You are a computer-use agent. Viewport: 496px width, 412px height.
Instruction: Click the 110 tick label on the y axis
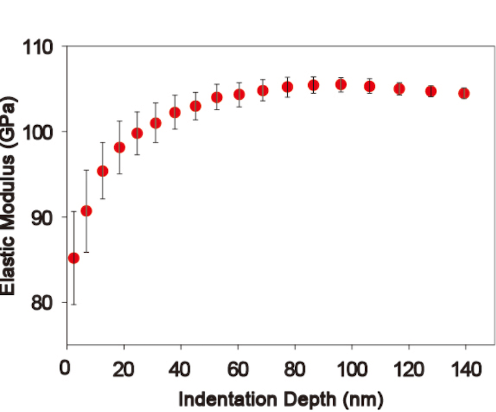point(38,48)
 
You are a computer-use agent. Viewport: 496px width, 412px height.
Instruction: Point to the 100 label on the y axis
point(38,133)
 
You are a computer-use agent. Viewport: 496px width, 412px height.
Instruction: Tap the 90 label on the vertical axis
point(42,218)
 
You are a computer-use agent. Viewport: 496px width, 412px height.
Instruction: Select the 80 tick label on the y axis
point(42,303)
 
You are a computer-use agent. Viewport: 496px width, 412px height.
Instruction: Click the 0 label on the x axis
point(65,368)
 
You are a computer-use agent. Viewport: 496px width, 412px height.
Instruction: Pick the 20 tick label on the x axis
point(123,369)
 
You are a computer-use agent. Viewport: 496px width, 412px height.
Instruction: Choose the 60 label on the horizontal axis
point(238,369)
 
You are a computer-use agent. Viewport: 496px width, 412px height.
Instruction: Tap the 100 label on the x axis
point(352,369)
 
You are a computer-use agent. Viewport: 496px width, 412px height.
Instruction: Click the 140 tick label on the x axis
point(466,369)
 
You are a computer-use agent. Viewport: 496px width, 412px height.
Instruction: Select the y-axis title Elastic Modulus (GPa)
point(8,195)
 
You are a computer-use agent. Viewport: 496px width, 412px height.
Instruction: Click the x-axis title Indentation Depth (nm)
point(281,400)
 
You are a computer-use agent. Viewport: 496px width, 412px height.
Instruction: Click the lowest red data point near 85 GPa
point(74,258)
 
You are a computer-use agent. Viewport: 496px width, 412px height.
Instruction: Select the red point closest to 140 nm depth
point(464,94)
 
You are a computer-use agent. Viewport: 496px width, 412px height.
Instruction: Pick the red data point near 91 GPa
point(86,211)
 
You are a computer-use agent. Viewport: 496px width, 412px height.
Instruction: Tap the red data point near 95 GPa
point(102,171)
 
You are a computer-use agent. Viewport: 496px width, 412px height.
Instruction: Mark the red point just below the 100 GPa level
point(137,133)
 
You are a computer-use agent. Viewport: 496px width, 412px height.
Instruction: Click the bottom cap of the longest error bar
point(74,304)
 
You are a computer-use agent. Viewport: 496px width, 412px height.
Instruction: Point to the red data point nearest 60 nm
point(239,94)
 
